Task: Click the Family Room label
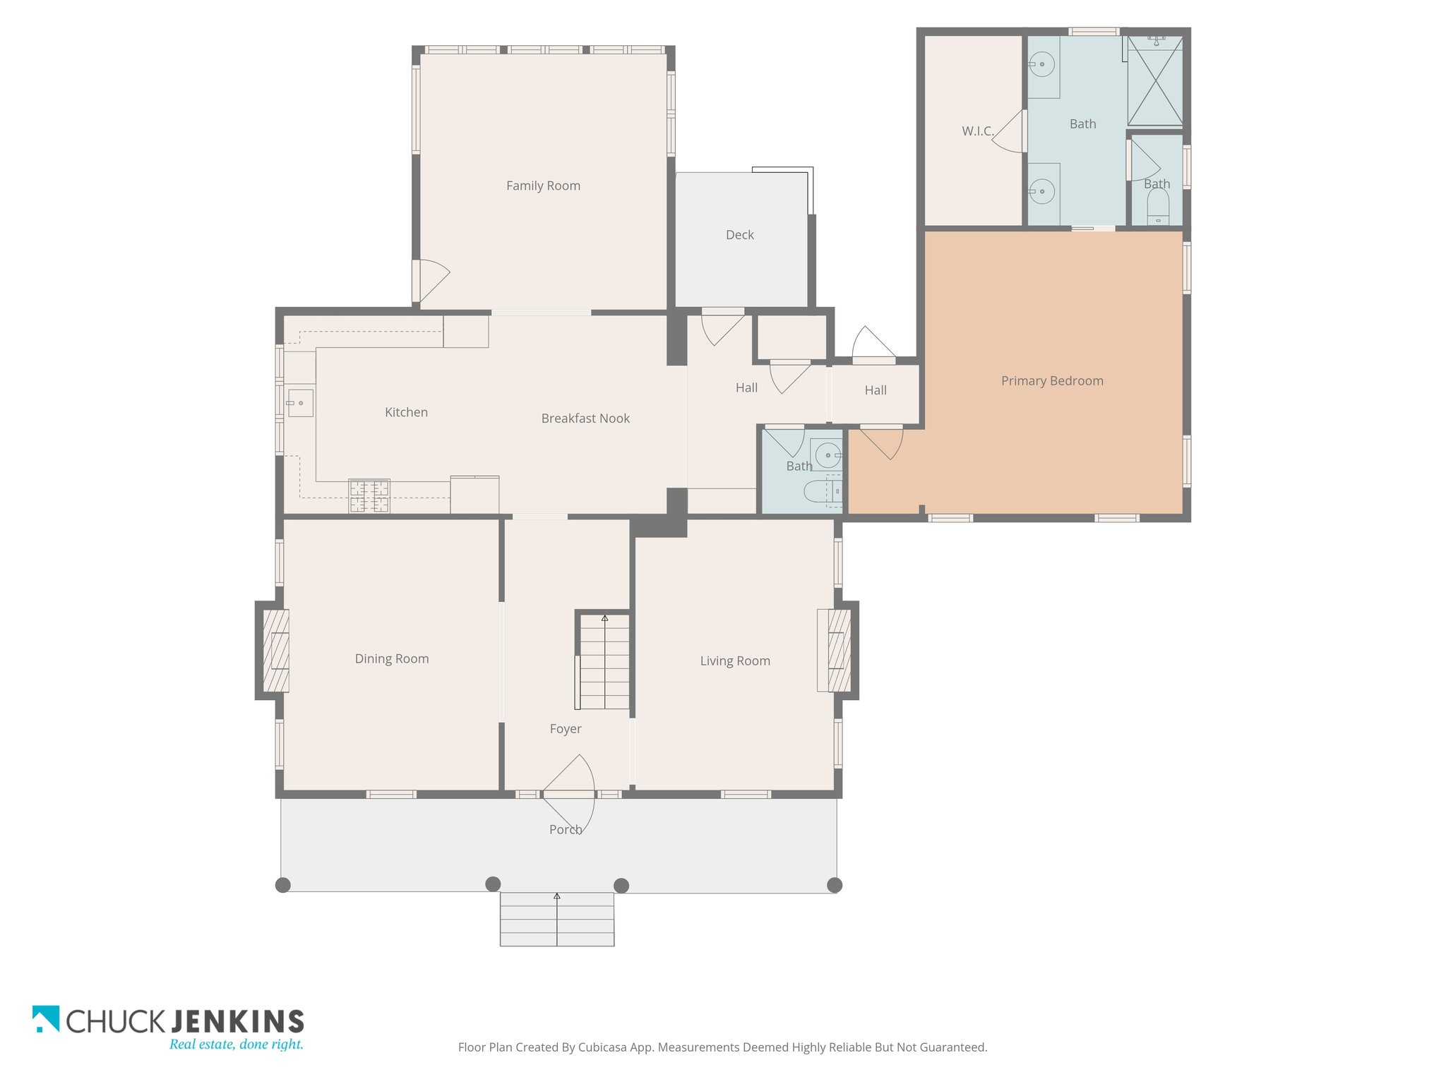(543, 186)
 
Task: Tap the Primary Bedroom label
(1052, 381)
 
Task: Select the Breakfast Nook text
(585, 418)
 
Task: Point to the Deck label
(740, 235)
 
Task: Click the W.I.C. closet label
(977, 131)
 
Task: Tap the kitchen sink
(300, 403)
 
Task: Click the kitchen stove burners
(369, 495)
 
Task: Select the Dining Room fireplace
(276, 651)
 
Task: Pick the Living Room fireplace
(839, 651)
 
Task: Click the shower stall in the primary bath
(1155, 81)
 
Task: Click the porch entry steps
(557, 920)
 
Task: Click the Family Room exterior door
(431, 281)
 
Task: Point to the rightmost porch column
(835, 885)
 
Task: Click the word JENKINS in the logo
(238, 1021)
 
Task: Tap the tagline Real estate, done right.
(237, 1044)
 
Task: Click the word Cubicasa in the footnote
(604, 1047)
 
